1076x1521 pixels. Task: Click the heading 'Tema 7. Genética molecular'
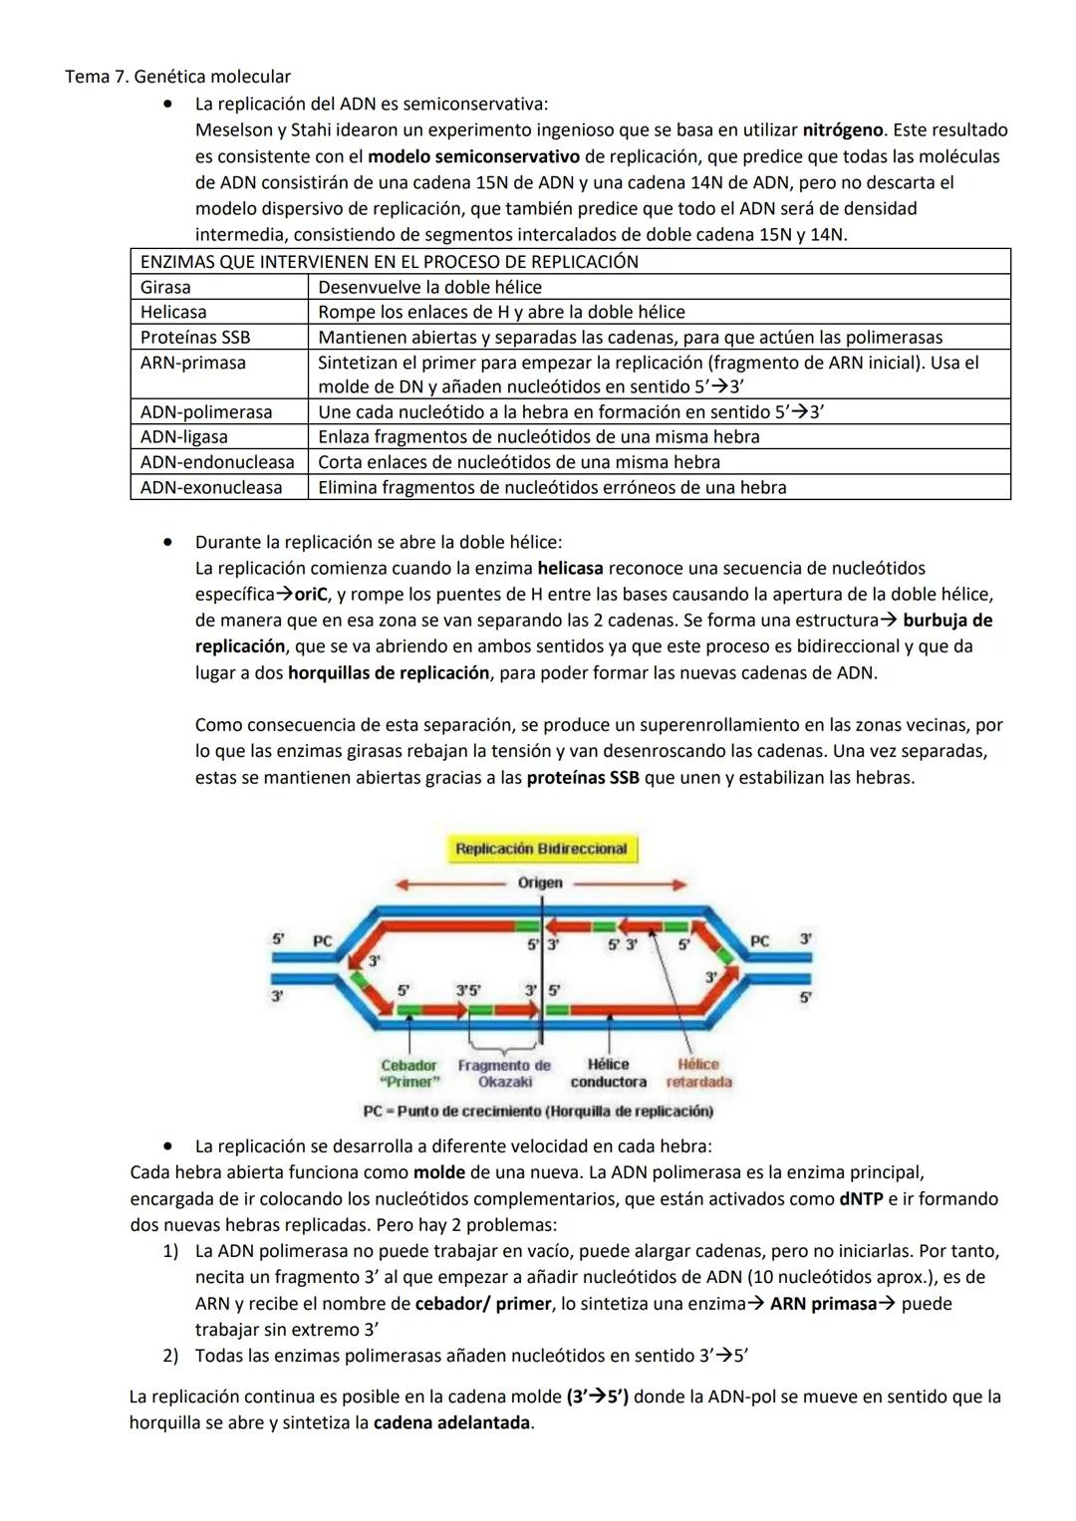pos(177,77)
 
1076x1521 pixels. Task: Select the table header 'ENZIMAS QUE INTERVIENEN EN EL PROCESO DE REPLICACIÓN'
pos(389,262)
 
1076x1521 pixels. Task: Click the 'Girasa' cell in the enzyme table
pos(165,287)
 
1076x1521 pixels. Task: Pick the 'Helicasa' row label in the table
pos(173,312)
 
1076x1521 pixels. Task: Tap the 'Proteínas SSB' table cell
pos(195,338)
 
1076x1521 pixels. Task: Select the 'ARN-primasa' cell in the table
pos(192,363)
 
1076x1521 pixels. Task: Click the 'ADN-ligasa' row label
pos(183,436)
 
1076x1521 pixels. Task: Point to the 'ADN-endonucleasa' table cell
pos(217,462)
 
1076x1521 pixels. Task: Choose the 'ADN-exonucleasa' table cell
pos(211,487)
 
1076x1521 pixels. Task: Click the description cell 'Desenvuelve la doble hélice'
pos(429,287)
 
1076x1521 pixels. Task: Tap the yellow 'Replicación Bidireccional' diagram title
pos(541,849)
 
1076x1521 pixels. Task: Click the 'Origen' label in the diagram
pos(540,883)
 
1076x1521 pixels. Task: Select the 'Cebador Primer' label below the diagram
pos(408,1073)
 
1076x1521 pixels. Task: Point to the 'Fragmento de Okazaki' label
pos(504,1073)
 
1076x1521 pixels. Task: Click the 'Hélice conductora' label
pos(608,1073)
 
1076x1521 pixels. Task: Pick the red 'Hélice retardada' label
pos(698,1073)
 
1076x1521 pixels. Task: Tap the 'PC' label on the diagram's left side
pos(322,940)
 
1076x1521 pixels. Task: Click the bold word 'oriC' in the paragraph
pos(311,595)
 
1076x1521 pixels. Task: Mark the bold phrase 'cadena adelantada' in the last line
pos(451,1422)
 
